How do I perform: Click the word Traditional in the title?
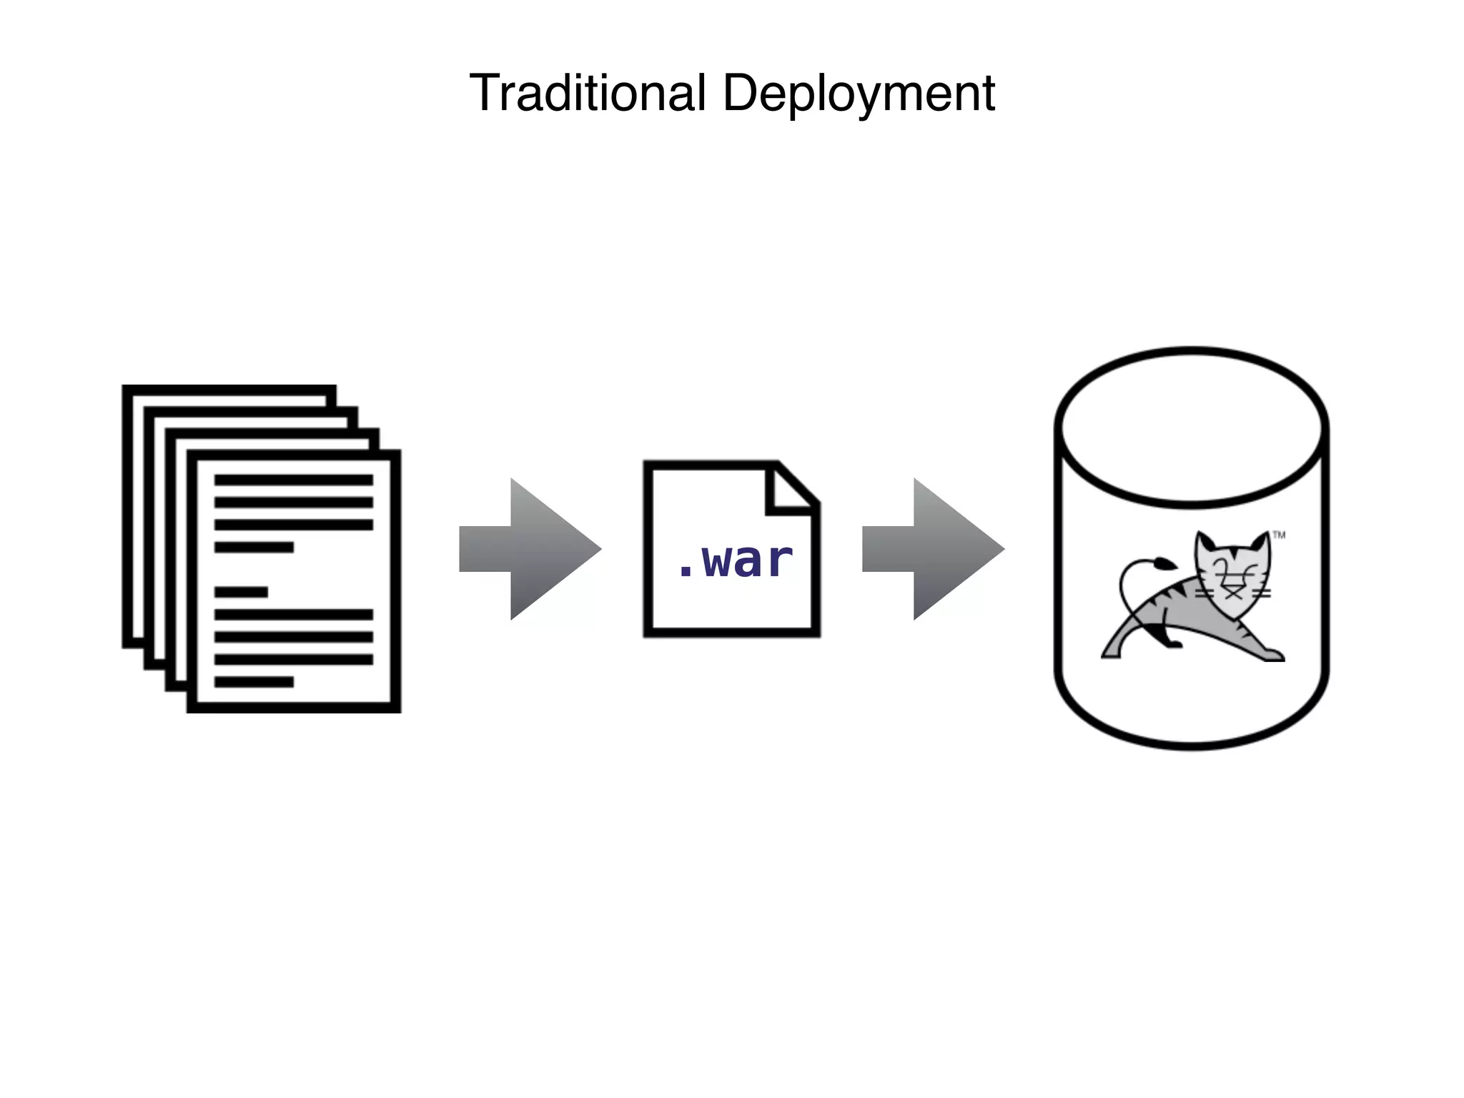coord(588,93)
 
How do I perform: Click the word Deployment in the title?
coord(859,94)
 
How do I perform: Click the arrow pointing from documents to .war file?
coord(530,549)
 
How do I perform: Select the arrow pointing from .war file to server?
coord(933,549)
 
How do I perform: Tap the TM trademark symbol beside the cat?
coord(1279,535)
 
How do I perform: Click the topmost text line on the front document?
coord(293,480)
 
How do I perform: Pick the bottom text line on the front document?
coord(254,682)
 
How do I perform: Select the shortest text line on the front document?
coord(241,592)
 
